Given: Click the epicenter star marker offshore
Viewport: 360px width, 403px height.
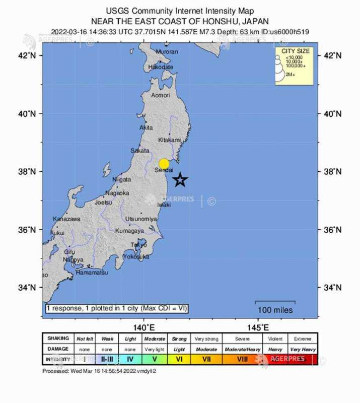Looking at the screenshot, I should (x=180, y=179).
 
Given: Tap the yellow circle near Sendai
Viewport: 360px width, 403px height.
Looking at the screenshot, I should (x=164, y=163).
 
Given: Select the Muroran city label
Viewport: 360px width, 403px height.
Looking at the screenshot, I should (x=167, y=52).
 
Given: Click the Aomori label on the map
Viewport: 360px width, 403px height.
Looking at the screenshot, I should (x=161, y=95).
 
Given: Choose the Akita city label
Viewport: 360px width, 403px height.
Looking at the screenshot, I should (x=146, y=128).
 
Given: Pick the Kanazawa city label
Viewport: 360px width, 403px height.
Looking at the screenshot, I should (x=66, y=219).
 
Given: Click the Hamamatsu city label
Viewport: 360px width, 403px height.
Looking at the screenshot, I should (x=92, y=273).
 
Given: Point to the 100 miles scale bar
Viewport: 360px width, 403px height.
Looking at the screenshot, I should (x=275, y=305).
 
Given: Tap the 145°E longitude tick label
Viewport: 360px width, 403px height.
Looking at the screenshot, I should (x=258, y=328).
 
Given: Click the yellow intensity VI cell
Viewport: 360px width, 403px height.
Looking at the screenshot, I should (x=179, y=359).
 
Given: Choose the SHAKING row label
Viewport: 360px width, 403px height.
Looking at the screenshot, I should (x=58, y=339).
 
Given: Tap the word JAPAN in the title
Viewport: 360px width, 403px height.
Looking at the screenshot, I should (x=254, y=22).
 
